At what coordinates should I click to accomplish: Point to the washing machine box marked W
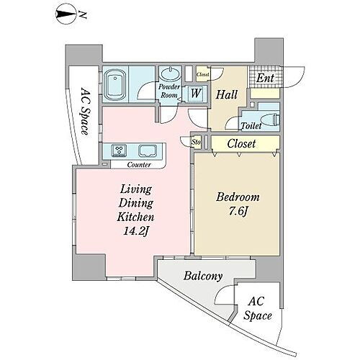195,92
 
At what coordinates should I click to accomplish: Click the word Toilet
251,125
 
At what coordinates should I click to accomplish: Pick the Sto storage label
196,142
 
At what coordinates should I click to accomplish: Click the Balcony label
202,276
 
